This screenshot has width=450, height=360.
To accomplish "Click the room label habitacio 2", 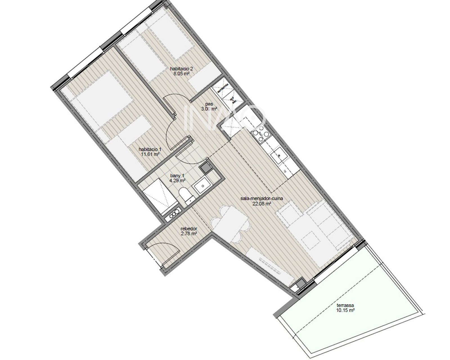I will coord(181,68).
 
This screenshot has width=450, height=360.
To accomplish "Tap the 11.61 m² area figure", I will coord(151,154).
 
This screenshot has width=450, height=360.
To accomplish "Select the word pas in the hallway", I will coord(209,104).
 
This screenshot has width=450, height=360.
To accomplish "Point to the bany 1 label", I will coord(177,176).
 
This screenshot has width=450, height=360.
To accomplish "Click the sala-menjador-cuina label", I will coord(261,198).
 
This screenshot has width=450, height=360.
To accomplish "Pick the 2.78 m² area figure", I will coord(188,233).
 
